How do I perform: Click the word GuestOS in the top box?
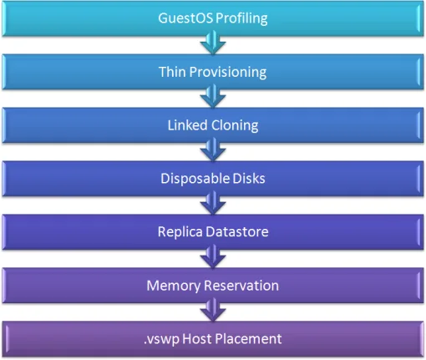coord(185,18)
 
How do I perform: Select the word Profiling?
coord(241,19)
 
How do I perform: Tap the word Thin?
coord(172,72)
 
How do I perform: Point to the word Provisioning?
coord(228,73)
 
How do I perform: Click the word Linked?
coord(187,125)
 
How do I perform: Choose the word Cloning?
coord(235,126)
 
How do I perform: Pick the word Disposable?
coord(195,179)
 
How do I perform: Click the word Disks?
coord(249,179)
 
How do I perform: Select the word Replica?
coord(180,232)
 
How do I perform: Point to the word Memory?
coord(174,286)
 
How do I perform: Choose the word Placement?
coord(248,339)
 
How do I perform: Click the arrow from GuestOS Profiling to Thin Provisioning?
coord(213,43)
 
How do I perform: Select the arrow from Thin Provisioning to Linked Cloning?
coord(213,96)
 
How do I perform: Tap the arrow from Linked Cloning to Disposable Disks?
coord(213,150)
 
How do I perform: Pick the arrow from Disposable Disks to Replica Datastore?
coord(213,203)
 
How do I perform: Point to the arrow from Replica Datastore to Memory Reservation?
coord(213,256)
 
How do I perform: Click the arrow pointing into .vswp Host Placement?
coord(213,310)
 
